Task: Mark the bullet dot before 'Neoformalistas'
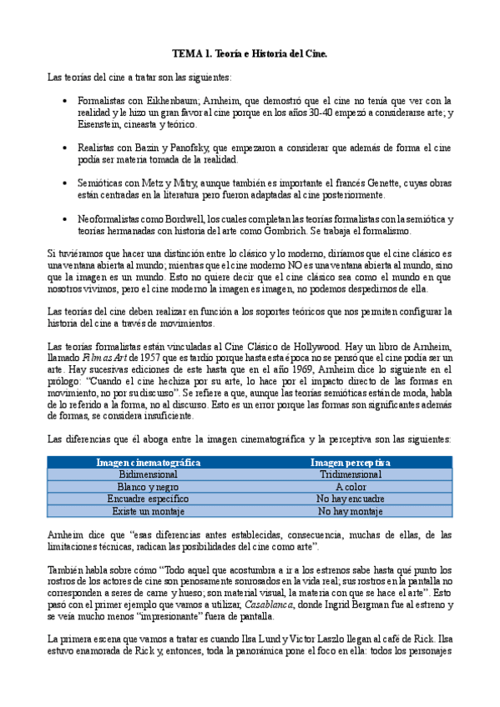tap(66, 218)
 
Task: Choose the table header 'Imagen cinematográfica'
tap(148, 462)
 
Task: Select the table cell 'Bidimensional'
tap(148, 474)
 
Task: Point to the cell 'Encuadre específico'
tap(148, 499)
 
